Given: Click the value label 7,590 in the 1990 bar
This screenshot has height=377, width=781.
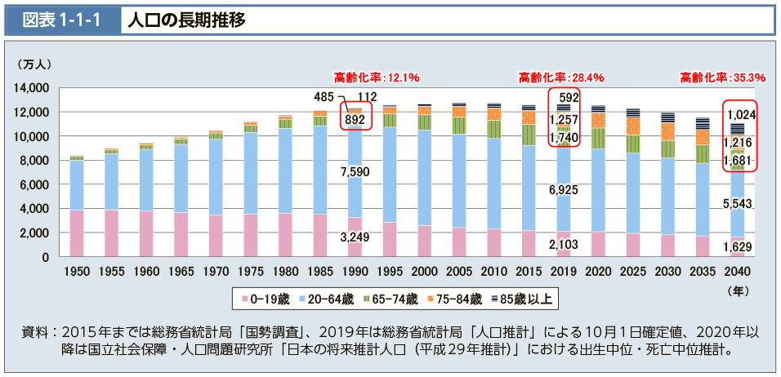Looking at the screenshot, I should [355, 172].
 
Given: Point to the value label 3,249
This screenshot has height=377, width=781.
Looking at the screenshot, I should [355, 237].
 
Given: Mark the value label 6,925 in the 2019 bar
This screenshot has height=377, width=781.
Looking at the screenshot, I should [565, 190].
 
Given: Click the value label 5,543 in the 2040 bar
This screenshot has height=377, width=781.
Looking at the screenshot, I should [738, 202].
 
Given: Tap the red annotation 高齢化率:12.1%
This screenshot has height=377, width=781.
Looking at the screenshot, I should [377, 78].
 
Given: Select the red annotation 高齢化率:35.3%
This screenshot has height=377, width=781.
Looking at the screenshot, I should [723, 78].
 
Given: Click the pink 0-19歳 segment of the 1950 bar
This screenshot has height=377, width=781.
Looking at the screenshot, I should [76, 233].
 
